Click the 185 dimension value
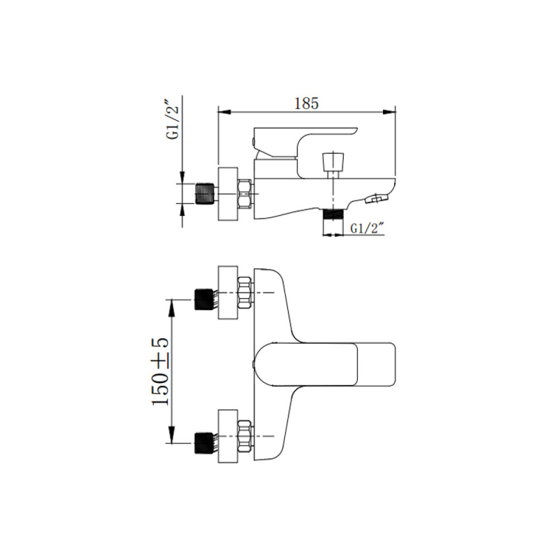pos(306,103)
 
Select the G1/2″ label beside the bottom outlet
pos(367,228)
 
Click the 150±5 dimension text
pos(160,371)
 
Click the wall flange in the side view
pos(228,194)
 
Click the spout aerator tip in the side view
pos(377,198)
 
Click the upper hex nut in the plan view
pos(245,292)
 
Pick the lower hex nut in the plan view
pos(245,436)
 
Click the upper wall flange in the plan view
pos(228,292)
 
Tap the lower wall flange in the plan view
pos(228,436)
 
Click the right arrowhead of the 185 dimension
pos(389,112)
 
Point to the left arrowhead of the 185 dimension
pos(225,112)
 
